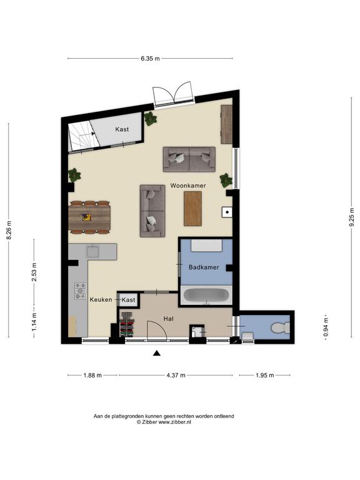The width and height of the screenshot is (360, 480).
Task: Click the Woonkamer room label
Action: pos(188,186)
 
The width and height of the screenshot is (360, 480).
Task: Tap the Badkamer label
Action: pos(204,267)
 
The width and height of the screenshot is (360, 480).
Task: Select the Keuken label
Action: pos(101,300)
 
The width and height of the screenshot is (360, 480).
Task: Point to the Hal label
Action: pos(168,319)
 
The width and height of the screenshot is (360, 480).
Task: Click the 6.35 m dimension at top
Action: pos(150,59)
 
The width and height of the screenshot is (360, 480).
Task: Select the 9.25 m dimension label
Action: pos(351,217)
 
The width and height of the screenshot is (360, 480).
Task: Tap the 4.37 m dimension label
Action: pos(176,375)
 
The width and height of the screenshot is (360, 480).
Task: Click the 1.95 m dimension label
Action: pos(265,375)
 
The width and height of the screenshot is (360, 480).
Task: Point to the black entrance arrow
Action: pos(157,353)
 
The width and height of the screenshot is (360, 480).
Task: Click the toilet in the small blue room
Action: pos(280,328)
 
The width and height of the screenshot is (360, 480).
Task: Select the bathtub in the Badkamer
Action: pos(206,296)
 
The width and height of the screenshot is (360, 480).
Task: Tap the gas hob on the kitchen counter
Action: pos(81,291)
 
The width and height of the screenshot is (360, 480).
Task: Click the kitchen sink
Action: pos(92,251)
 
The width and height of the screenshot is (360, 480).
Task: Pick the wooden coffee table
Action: pos(193,209)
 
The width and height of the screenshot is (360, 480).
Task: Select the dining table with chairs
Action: pos(89,217)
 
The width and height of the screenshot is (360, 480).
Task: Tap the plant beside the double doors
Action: pos(150,119)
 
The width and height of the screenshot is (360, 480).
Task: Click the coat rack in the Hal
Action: pos(127,324)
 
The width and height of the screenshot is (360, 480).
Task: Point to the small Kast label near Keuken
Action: pos(128,300)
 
